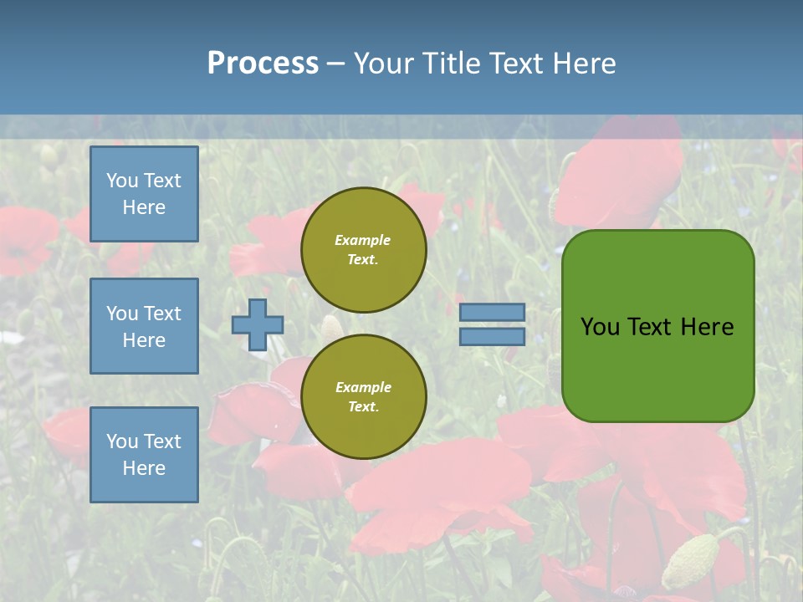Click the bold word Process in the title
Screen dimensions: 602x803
[263, 63]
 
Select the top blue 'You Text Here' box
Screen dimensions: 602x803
[144, 194]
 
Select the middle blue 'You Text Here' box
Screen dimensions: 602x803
[144, 326]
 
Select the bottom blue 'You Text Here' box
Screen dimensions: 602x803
[144, 455]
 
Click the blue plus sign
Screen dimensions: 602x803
[258, 324]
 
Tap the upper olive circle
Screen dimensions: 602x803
[364, 250]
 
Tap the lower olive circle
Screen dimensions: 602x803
[364, 397]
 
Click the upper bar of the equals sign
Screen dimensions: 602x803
[493, 312]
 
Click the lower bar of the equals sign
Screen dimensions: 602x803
[493, 336]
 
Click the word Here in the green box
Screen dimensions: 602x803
[707, 327]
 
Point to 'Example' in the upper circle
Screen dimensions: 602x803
[362, 240]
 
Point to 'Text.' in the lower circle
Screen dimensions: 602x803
[363, 407]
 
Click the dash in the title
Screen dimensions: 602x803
[335, 64]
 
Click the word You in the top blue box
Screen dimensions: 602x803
[122, 181]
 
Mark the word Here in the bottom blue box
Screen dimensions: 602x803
[144, 468]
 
